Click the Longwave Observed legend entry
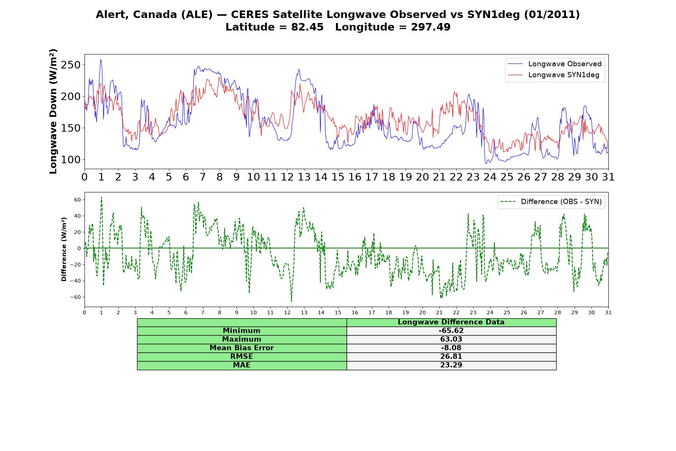pos(555,64)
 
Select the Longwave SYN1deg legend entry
pos(554,75)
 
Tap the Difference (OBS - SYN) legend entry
pos(551,202)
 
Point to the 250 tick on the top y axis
pos(71,65)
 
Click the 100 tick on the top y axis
pos(71,160)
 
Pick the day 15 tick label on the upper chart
pos(338,177)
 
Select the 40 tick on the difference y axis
pos(77,216)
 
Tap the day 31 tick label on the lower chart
pos(608,313)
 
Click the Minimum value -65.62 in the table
pos(451,331)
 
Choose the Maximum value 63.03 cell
pos(451,339)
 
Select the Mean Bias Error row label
pos(241,348)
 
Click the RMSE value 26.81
pos(451,357)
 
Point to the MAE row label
pos(241,365)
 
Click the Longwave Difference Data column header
pos(451,322)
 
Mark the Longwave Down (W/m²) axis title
pos(53,111)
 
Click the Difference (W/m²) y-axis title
pos(64,250)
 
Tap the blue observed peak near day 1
pos(101,60)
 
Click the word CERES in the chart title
pos(248,15)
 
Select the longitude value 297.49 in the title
pos(431,27)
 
